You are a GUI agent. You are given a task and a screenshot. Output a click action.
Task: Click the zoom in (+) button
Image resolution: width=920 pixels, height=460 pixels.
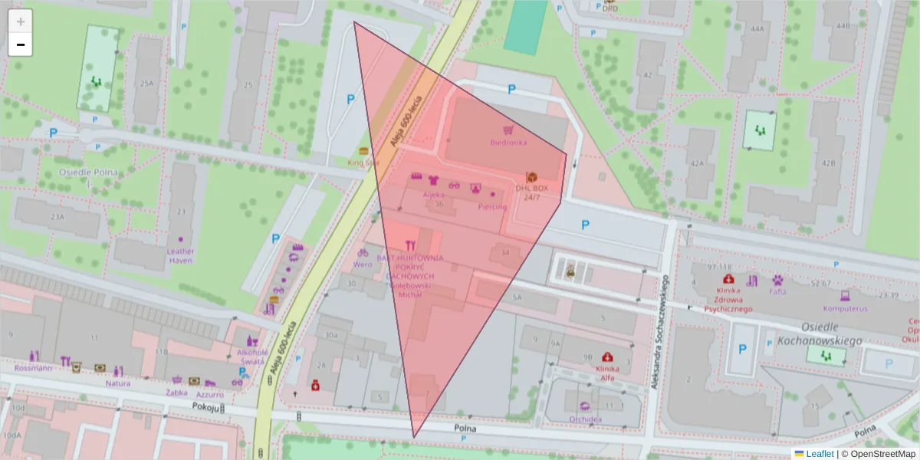(x=21, y=21)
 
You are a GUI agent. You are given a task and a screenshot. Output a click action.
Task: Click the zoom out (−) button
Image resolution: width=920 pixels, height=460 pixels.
(x=21, y=45)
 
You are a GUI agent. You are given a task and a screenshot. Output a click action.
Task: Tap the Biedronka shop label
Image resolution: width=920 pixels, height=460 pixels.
(x=508, y=143)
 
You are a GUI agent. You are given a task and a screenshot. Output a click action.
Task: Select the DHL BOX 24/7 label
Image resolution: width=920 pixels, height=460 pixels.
(x=532, y=192)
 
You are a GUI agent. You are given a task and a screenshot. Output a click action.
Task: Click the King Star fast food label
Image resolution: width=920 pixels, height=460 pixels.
(x=363, y=163)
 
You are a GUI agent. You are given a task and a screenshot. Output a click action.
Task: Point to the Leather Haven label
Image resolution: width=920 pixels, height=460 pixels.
(x=181, y=256)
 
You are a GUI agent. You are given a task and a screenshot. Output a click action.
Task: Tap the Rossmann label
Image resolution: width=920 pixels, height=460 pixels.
(x=33, y=368)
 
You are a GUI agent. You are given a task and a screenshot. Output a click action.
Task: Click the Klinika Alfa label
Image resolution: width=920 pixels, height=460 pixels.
(x=607, y=373)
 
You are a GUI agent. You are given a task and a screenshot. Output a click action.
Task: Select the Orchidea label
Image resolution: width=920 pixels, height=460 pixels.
(x=585, y=419)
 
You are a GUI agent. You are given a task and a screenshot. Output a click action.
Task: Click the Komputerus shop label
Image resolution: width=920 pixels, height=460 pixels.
(x=843, y=308)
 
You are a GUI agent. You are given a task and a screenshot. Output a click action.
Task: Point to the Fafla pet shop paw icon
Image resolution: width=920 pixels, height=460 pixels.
(x=777, y=280)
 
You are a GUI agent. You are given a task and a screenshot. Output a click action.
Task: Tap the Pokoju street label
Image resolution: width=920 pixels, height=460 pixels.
(x=206, y=407)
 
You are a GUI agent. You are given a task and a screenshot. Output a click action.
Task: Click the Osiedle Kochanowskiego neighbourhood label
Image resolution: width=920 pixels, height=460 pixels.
(x=818, y=333)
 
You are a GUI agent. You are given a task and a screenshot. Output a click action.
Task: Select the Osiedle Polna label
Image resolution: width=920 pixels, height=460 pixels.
(x=88, y=172)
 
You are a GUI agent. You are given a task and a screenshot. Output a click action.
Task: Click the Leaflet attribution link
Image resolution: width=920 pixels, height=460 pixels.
(x=819, y=454)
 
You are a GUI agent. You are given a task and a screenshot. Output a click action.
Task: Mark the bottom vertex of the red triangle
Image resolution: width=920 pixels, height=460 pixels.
(x=414, y=438)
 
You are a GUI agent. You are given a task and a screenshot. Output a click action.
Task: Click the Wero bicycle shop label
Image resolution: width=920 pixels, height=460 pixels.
(x=362, y=264)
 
